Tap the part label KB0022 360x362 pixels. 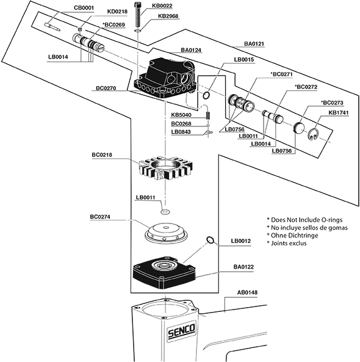(162, 5)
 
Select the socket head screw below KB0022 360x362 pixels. (138, 13)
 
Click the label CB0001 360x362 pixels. (84, 8)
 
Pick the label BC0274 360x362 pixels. (100, 217)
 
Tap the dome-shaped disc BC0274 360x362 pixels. (165, 234)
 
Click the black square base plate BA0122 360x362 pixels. (164, 272)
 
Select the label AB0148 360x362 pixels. (247, 292)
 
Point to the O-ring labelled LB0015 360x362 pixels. (206, 95)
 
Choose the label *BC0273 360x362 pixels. (332, 103)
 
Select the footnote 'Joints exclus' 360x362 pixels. (289, 243)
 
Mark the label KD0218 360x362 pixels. (117, 12)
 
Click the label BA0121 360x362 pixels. (254, 43)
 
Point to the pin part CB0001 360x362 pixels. (52, 26)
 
